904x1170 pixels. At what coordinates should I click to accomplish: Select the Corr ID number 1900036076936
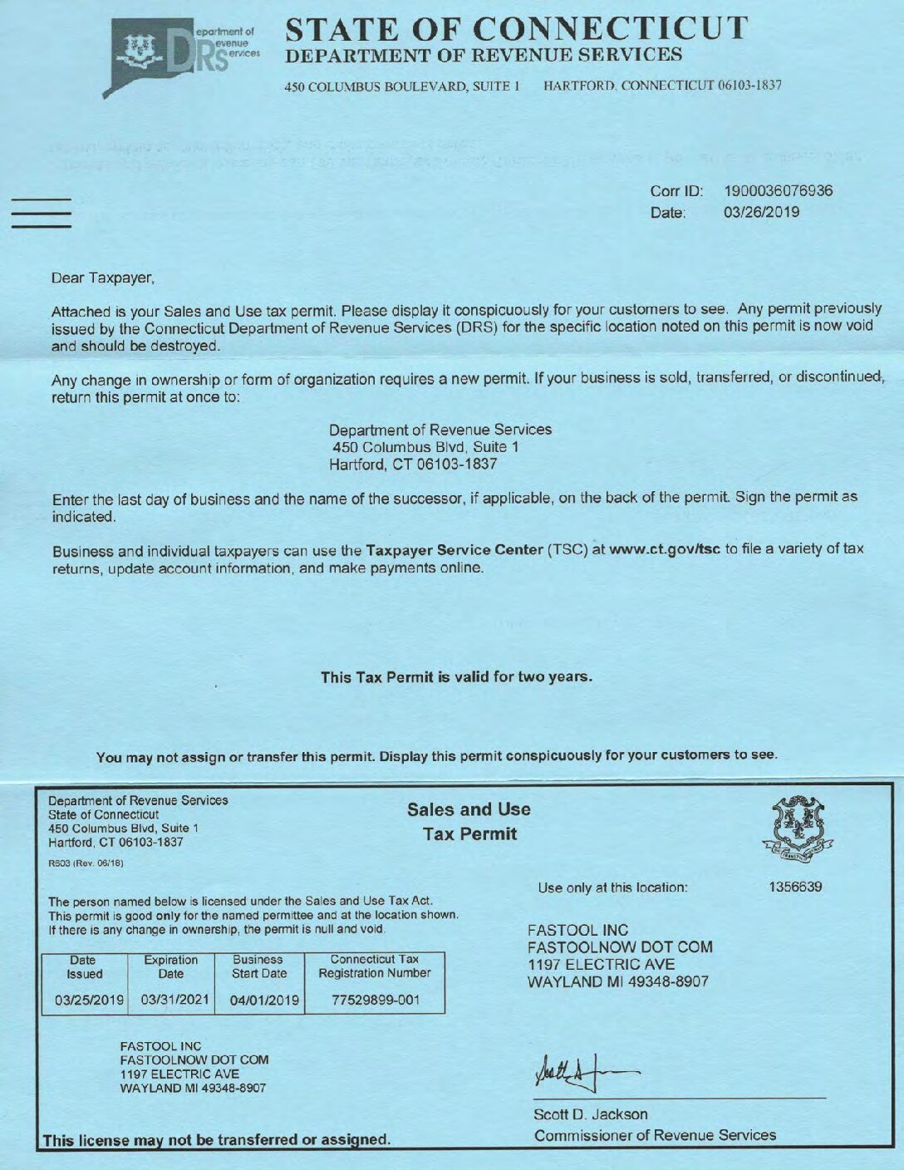click(x=778, y=191)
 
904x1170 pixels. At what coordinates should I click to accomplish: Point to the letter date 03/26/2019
click(x=761, y=213)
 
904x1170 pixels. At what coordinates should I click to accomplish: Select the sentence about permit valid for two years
click(x=456, y=676)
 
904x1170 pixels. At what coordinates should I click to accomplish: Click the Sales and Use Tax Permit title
click(x=469, y=821)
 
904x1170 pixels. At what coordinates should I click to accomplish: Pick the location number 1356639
click(x=795, y=887)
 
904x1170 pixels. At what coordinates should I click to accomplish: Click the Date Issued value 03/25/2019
click(x=89, y=1000)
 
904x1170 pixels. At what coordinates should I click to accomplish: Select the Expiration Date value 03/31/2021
click(x=175, y=1000)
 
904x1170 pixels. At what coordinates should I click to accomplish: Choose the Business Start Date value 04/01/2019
click(x=264, y=1000)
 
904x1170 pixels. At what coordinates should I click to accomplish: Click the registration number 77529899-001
click(x=376, y=1000)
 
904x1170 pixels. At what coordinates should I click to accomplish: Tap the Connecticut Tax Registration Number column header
click(x=375, y=966)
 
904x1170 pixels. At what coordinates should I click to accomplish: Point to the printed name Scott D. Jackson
click(x=590, y=1114)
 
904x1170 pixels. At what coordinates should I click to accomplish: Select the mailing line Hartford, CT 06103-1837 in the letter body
click(x=413, y=465)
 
